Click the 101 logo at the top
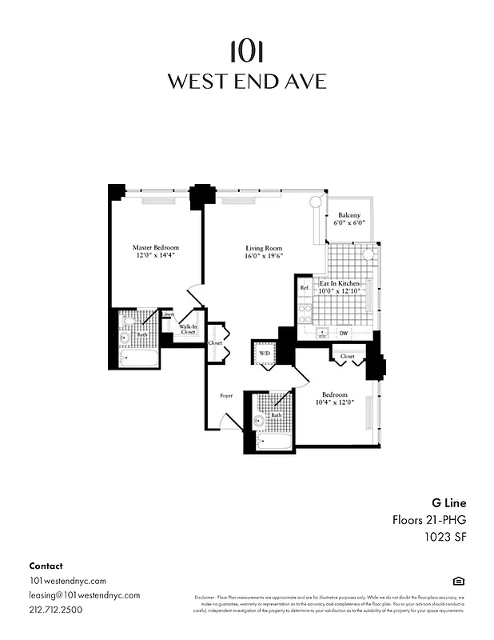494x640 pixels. pos(246,51)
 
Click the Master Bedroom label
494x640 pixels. pos(155,248)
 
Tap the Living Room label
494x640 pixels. pos(264,248)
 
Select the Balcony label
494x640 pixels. pos(349,215)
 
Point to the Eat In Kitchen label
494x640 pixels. pos(340,284)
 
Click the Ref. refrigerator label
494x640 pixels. pos(305,287)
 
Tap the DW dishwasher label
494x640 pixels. pos(343,333)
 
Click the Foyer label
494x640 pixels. pos(226,396)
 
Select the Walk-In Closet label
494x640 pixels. pos(188,329)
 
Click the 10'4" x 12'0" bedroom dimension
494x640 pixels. pos(334,403)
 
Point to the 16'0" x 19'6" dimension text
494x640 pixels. pos(264,256)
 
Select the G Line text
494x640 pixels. pos(448,503)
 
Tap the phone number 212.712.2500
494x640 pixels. pos(55,610)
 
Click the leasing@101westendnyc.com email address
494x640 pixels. pos(84,595)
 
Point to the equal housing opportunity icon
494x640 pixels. pos(458,581)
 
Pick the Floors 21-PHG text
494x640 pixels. pos(428,520)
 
